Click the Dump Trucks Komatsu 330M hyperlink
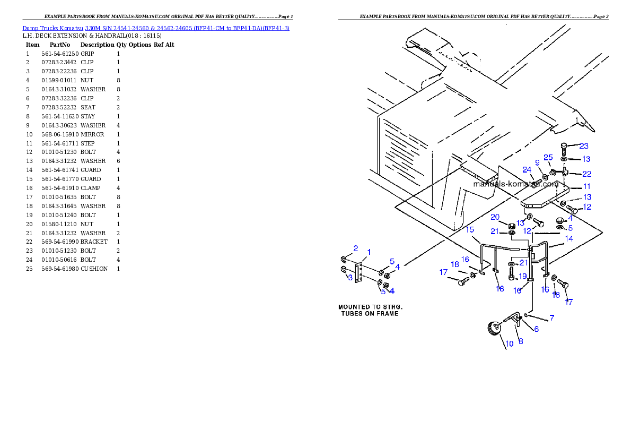[x=156, y=28]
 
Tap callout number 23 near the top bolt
[x=584, y=146]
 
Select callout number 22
[x=586, y=174]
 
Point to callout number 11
[x=586, y=186]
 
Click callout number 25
[x=548, y=158]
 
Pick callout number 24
[x=527, y=170]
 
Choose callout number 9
[x=537, y=162]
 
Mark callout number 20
[x=495, y=217]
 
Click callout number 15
[x=470, y=229]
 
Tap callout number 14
[x=569, y=239]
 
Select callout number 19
[x=522, y=277]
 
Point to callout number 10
[x=509, y=343]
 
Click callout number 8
[x=521, y=341]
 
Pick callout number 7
[x=551, y=318]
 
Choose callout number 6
[x=536, y=329]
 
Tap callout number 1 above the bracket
[x=369, y=252]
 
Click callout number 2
[x=356, y=248]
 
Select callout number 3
[x=350, y=277]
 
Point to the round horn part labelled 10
[x=493, y=329]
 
